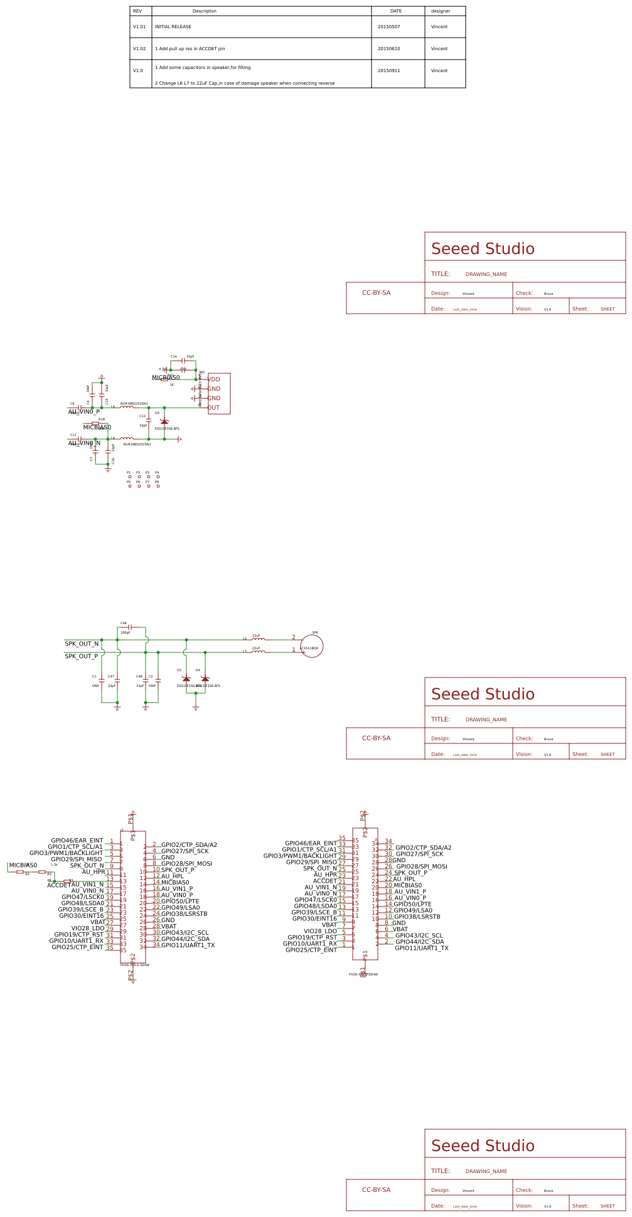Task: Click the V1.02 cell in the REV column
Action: [139, 49]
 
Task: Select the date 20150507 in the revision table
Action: [388, 27]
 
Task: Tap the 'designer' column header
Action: [440, 11]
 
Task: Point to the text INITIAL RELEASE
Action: [173, 27]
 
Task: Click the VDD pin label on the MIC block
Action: [214, 380]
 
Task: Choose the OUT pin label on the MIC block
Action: [214, 408]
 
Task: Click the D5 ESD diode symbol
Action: [164, 422]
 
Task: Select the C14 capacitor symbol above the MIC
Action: [183, 361]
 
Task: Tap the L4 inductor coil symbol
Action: [127, 408]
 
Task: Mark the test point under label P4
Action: [158, 477]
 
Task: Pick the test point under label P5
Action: [130, 486]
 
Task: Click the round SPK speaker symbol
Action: [312, 646]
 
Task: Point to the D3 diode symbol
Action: [186, 679]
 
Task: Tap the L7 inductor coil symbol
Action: [258, 652]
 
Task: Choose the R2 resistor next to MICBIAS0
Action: [21, 872]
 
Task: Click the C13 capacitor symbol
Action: [149, 422]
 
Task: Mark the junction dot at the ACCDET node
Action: [55, 881]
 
